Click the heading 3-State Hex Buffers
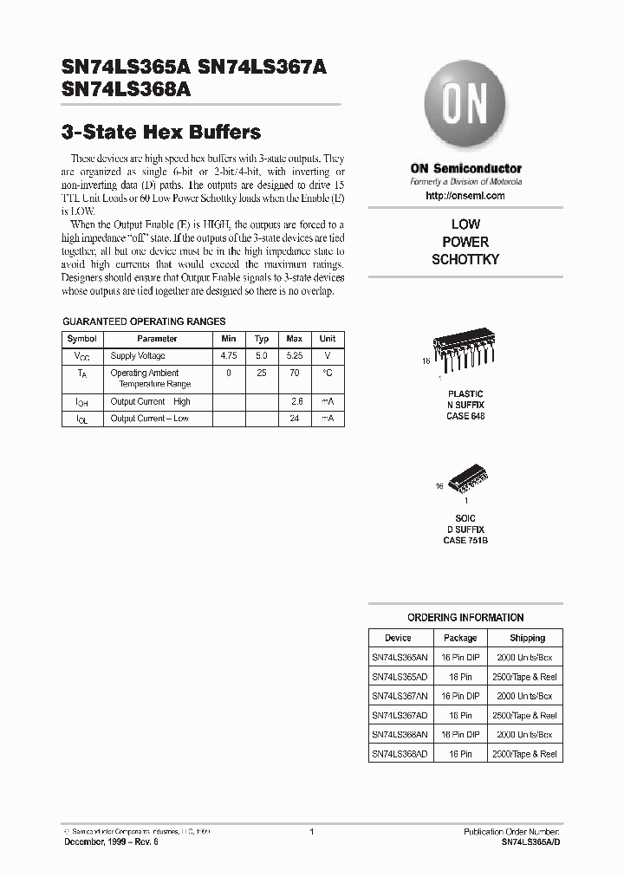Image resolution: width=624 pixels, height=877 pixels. click(x=161, y=133)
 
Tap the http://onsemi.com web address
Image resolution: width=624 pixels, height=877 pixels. click(x=465, y=196)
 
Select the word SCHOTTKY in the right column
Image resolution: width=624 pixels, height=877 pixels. click(x=465, y=259)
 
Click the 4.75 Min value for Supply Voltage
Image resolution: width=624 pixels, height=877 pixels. click(x=228, y=356)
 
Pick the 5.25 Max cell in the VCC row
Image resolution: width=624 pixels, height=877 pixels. click(x=295, y=356)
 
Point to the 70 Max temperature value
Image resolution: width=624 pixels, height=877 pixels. click(x=295, y=373)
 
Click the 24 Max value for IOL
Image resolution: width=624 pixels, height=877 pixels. click(x=295, y=419)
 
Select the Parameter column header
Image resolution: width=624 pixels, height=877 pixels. click(x=157, y=339)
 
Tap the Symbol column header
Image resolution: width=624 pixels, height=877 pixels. click(x=82, y=339)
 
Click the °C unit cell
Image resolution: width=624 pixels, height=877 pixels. click(x=328, y=373)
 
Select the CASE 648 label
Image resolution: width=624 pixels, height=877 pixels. click(x=465, y=416)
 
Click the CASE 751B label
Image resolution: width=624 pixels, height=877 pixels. click(x=465, y=540)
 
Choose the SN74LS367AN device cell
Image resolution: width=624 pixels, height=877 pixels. click(x=399, y=696)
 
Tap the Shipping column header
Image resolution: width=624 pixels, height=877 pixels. click(x=527, y=638)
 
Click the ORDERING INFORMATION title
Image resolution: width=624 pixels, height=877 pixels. click(x=465, y=618)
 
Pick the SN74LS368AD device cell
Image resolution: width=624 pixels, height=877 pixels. click(x=399, y=754)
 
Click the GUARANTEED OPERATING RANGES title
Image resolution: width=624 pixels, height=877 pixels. click(x=144, y=321)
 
